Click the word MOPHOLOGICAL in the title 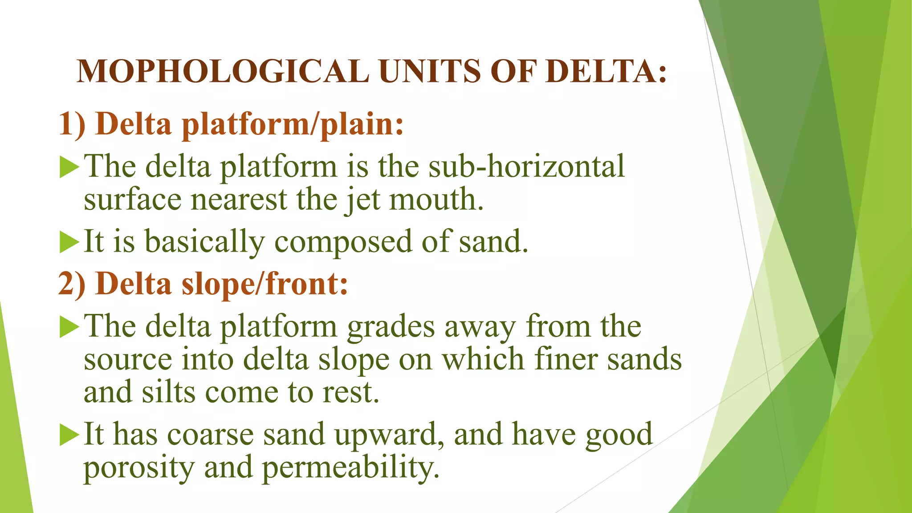pyautogui.click(x=223, y=71)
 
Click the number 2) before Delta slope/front pyautogui.click(x=72, y=284)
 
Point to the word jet pyautogui.click(x=362, y=200)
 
